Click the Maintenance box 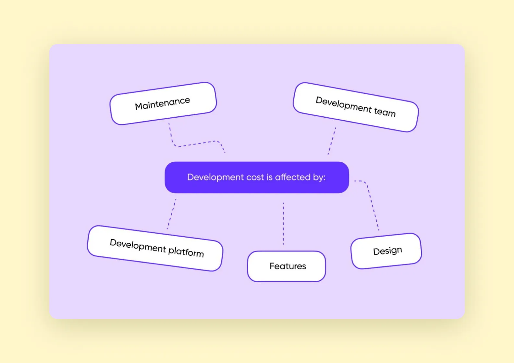click(x=163, y=103)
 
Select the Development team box click(x=356, y=107)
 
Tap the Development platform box click(x=155, y=248)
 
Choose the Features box click(x=287, y=266)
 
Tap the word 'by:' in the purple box click(x=319, y=178)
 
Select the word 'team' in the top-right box click(x=385, y=112)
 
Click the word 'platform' click(x=186, y=252)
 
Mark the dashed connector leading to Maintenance click(x=195, y=144)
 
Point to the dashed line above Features click(x=283, y=224)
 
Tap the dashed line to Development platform click(x=172, y=214)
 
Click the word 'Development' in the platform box click(x=138, y=246)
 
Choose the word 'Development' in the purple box click(x=215, y=177)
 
